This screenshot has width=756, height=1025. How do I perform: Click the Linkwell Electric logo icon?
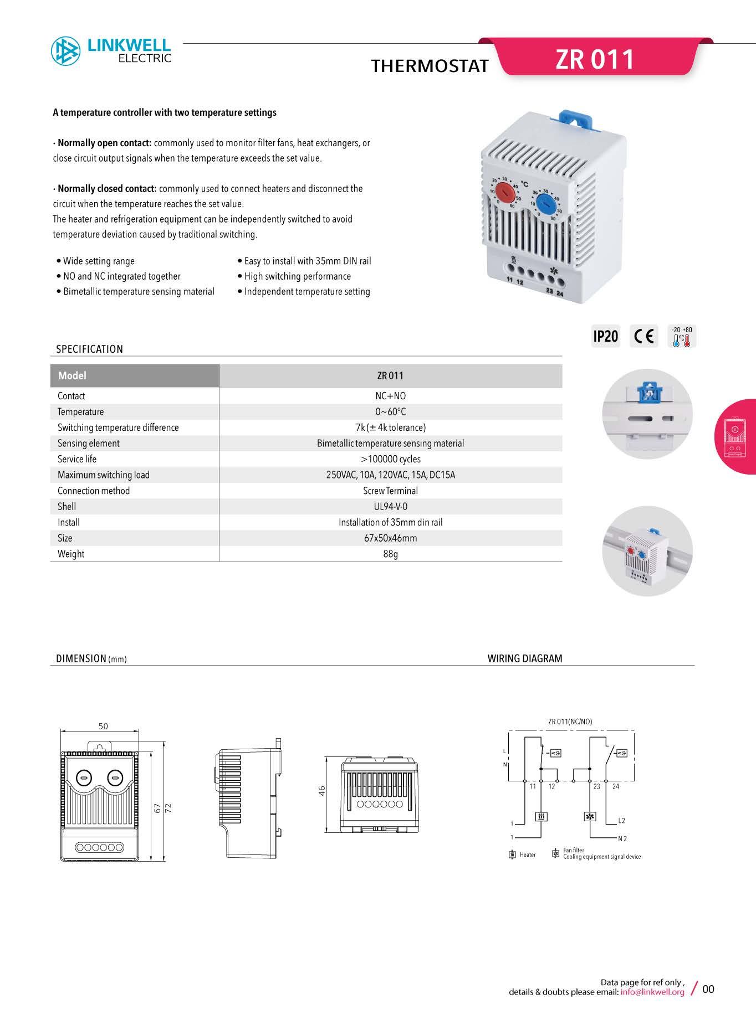coord(65,51)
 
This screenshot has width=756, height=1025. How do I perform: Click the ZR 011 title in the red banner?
coord(595,59)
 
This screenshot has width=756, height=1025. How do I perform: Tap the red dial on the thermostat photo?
coord(505,192)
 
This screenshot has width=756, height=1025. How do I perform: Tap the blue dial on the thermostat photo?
coord(546,204)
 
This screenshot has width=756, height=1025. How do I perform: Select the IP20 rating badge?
coord(605,336)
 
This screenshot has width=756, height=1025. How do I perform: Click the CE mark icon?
coord(643,336)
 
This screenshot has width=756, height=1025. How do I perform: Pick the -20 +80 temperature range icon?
coord(682,336)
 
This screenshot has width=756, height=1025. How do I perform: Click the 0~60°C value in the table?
coord(390,411)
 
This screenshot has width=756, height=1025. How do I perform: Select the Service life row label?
coord(77,459)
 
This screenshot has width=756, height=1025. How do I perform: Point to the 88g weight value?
coord(390,554)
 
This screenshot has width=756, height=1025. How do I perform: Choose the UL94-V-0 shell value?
coord(390,506)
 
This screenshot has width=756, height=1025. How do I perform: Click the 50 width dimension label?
coord(103,726)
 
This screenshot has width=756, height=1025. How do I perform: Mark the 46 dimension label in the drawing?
coord(322,791)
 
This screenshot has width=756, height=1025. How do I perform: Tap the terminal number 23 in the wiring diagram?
coord(597,786)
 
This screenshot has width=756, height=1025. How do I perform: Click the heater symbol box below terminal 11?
coord(542,816)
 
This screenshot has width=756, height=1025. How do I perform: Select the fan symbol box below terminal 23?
coord(590,816)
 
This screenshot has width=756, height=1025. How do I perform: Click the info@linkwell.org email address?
coord(652,992)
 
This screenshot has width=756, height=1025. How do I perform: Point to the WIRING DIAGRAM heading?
coord(524,658)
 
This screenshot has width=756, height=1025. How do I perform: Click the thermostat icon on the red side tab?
coord(734,437)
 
